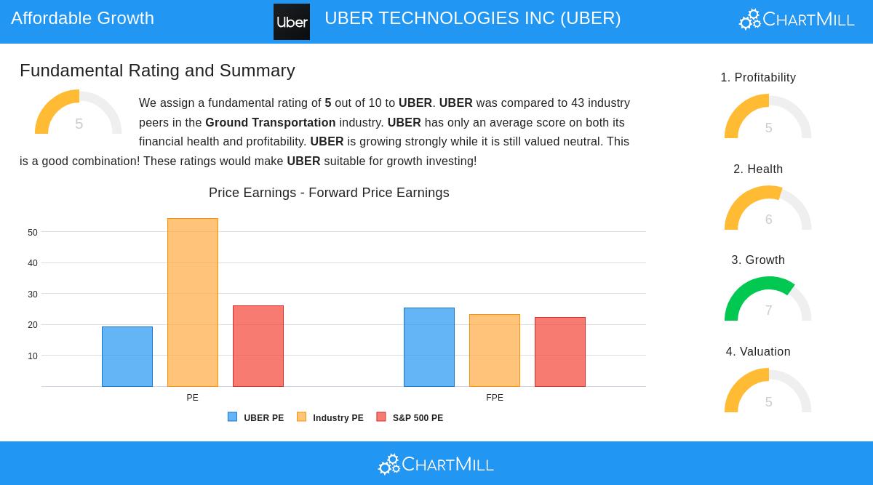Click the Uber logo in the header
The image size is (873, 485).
pyautogui.click(x=292, y=22)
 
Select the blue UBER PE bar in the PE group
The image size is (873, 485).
pyautogui.click(x=127, y=356)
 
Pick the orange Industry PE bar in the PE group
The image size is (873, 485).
pyautogui.click(x=193, y=302)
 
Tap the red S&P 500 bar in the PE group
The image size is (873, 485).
pyautogui.click(x=258, y=346)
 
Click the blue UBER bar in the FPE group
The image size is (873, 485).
pyautogui.click(x=429, y=347)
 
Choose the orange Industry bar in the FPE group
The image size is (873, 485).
pyautogui.click(x=495, y=350)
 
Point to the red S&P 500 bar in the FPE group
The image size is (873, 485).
pyautogui.click(x=560, y=352)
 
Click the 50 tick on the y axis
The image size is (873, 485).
pyautogui.click(x=33, y=233)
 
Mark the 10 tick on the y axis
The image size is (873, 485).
pyautogui.click(x=33, y=356)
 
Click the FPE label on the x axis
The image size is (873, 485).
pyautogui.click(x=495, y=398)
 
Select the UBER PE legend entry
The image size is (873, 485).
pyautogui.click(x=256, y=418)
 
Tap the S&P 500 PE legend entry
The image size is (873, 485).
pyautogui.click(x=410, y=418)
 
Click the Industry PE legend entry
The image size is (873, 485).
pyautogui.click(x=330, y=418)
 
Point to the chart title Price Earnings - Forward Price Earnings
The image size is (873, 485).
pyautogui.click(x=329, y=193)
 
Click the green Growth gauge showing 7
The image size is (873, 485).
pyautogui.click(x=768, y=299)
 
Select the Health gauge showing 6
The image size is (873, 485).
pyautogui.click(x=768, y=208)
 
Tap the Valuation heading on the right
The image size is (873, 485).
pyautogui.click(x=758, y=352)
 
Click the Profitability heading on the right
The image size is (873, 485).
pyautogui.click(x=758, y=78)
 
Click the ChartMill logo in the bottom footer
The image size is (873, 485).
pyautogui.click(x=436, y=464)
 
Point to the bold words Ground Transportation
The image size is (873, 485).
pyautogui.click(x=270, y=123)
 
